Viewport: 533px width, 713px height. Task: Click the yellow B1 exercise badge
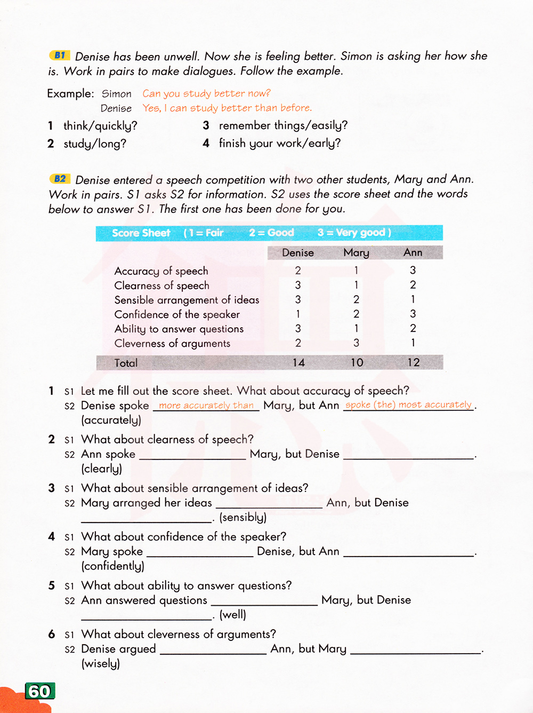(60, 55)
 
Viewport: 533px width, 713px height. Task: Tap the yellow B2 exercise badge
(60, 179)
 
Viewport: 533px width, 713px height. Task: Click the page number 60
(39, 691)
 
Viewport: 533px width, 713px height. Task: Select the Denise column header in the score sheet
(298, 252)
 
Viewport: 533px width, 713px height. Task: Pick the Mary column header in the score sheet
(356, 252)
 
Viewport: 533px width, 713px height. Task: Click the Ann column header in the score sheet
(413, 252)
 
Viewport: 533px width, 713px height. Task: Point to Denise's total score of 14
(298, 363)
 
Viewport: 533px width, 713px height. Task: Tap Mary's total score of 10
(357, 363)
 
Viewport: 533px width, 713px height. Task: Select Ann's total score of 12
(413, 363)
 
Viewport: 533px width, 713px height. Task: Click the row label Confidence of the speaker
(177, 314)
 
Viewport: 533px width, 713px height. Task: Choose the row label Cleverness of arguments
(172, 344)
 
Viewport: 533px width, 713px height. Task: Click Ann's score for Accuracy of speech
(413, 271)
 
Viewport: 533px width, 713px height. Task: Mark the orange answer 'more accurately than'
(206, 405)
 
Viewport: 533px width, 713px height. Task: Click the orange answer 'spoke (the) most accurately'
(408, 405)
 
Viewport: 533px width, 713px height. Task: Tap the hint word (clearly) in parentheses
(101, 469)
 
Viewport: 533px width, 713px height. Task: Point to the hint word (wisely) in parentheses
(100, 663)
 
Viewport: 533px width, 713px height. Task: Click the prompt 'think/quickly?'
(100, 126)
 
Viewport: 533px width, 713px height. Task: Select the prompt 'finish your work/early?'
(279, 143)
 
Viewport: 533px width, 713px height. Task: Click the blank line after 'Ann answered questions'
(264, 603)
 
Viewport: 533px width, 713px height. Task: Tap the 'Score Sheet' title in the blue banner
(141, 233)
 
